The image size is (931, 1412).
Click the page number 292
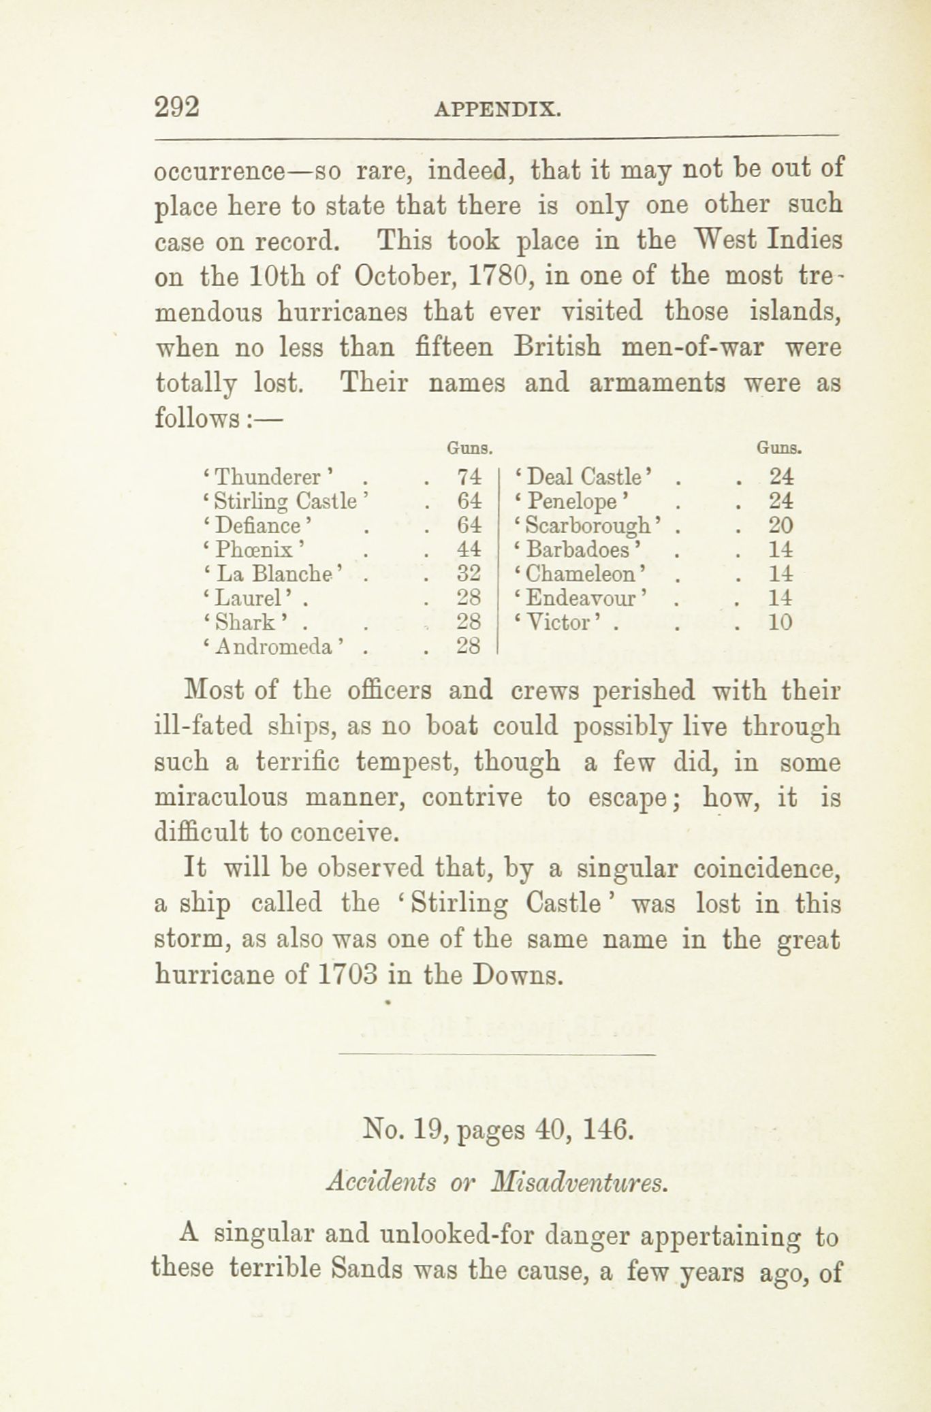click(176, 107)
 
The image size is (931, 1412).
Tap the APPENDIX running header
click(497, 109)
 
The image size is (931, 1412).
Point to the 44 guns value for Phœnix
click(470, 549)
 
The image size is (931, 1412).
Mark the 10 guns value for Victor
click(780, 622)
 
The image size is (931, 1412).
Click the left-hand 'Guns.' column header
click(469, 449)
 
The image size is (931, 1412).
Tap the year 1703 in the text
click(347, 975)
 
